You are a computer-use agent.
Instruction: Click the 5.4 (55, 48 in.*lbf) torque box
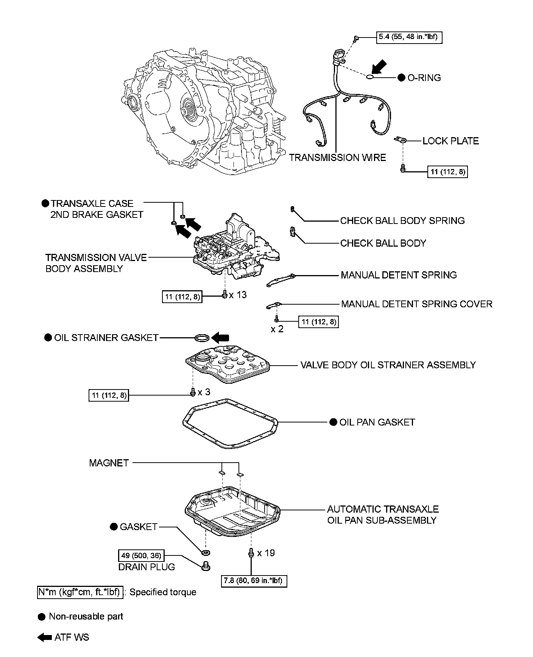click(x=409, y=38)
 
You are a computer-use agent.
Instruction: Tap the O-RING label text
click(x=424, y=78)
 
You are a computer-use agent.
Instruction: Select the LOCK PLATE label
click(x=450, y=141)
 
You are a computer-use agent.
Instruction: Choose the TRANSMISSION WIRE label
click(x=337, y=158)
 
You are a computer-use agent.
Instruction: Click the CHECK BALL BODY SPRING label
click(x=402, y=221)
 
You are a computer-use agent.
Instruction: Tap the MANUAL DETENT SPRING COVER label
click(x=416, y=304)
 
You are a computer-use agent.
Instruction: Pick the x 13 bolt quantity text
click(x=238, y=295)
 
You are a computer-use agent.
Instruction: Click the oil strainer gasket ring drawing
click(x=201, y=337)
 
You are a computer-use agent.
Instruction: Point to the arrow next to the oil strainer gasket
click(x=220, y=337)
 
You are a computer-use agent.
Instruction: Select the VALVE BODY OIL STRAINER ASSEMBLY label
click(x=388, y=365)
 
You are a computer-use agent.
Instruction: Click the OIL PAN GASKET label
click(x=377, y=422)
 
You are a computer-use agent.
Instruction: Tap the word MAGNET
click(x=109, y=463)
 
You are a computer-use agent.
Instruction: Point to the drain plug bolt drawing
click(x=206, y=566)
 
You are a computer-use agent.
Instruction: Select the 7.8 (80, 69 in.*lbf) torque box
click(x=254, y=580)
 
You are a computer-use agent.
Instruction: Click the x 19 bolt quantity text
click(x=266, y=553)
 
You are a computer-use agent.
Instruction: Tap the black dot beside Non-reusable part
click(x=42, y=616)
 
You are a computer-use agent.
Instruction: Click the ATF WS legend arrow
click(x=45, y=637)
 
